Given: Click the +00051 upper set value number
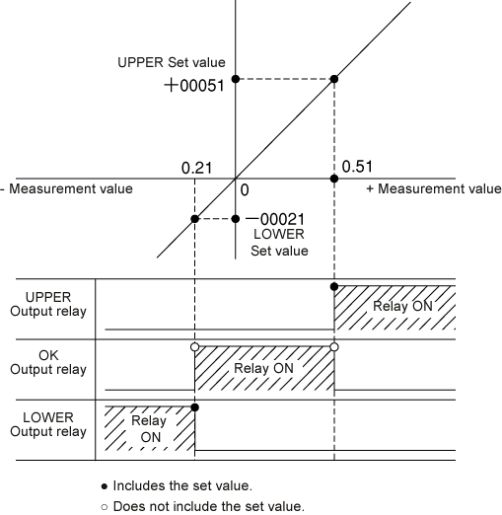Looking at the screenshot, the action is [x=194, y=86].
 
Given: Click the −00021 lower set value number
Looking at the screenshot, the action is [x=275, y=219].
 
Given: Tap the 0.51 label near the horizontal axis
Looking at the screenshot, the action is [x=357, y=167].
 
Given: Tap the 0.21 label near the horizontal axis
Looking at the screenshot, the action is [x=196, y=168].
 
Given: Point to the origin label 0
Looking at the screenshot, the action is [x=245, y=190].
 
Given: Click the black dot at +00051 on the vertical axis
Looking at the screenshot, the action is [x=236, y=79].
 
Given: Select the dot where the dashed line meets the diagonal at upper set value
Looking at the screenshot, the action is [x=334, y=79].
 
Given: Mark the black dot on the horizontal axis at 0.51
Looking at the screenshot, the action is [x=334, y=179].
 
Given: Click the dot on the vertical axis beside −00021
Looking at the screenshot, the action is [x=236, y=219].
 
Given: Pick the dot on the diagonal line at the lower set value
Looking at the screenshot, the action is [x=194, y=219].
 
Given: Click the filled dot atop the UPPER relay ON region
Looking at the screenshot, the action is [x=334, y=286].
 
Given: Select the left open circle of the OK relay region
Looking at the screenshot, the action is [x=194, y=347].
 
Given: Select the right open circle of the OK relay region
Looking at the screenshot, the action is [x=334, y=347].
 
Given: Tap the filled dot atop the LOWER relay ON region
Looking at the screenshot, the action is [x=194, y=407].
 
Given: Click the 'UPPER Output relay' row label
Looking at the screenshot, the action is [x=48, y=304].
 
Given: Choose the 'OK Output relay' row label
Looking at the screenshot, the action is [x=48, y=362].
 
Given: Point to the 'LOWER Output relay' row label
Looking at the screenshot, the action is [x=48, y=424].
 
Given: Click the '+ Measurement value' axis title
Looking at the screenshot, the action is [x=434, y=188].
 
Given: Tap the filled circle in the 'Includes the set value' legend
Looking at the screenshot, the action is [x=105, y=486].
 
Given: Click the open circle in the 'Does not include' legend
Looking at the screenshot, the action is [x=105, y=507].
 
